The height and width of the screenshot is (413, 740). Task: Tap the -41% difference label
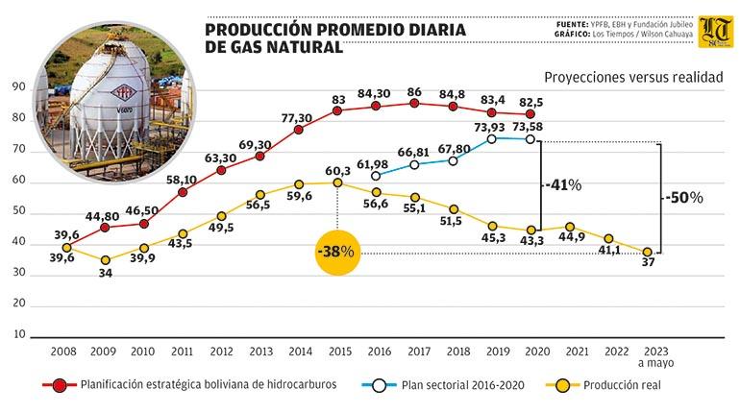pyautogui.click(x=559, y=185)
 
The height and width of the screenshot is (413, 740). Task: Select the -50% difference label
pyautogui.click(x=683, y=198)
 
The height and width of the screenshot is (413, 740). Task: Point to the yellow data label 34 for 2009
pyautogui.click(x=104, y=273)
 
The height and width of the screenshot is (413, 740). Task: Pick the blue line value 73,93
pyautogui.click(x=491, y=127)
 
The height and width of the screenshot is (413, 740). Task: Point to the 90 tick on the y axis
pyautogui.click(x=18, y=87)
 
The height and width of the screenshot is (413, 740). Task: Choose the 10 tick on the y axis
pyautogui.click(x=18, y=334)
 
